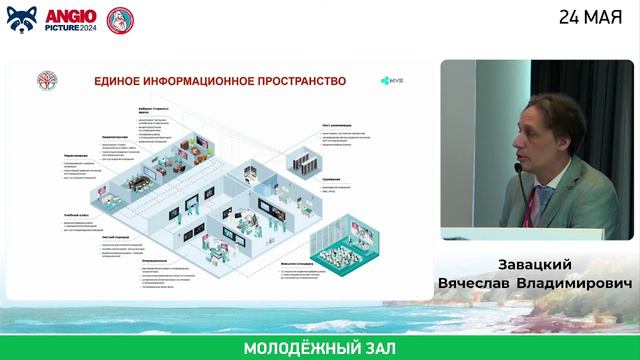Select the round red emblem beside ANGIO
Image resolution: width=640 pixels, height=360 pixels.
[120, 19]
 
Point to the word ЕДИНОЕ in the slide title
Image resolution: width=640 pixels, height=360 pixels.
[121, 79]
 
